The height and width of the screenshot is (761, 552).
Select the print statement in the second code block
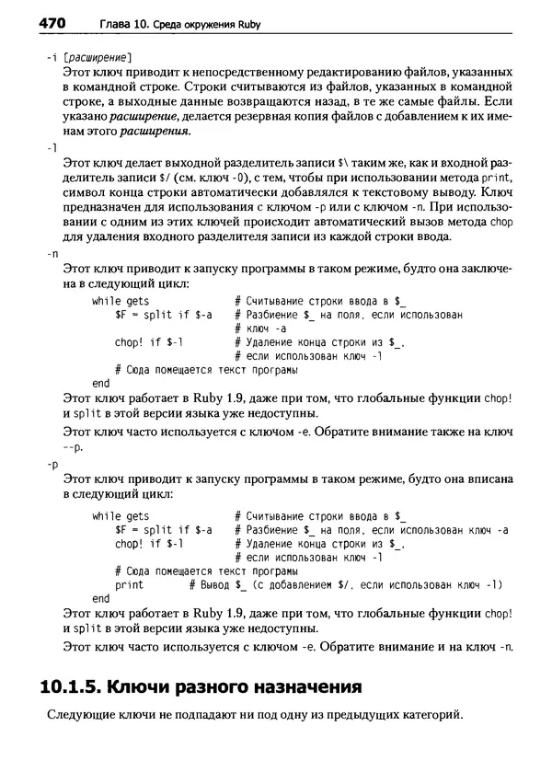[129, 584]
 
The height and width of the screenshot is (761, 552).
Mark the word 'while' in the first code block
[106, 301]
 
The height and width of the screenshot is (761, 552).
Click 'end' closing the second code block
[101, 597]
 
